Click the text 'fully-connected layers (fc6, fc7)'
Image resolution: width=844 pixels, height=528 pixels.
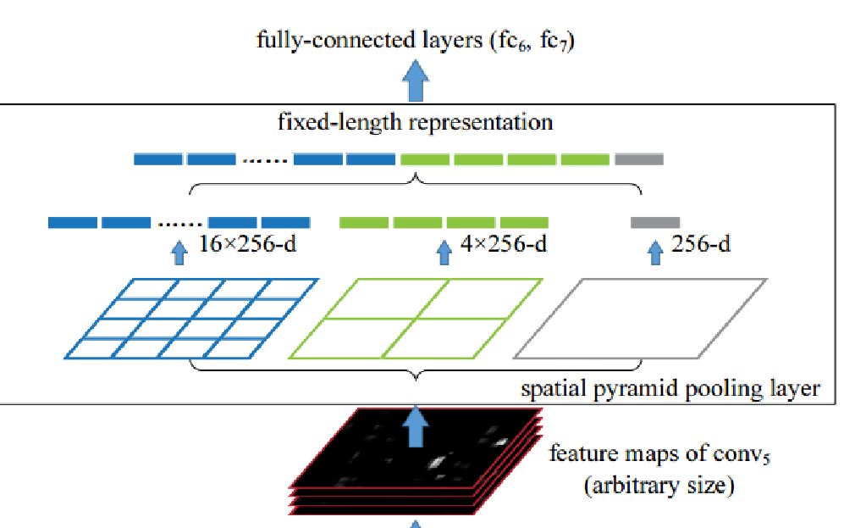click(x=416, y=41)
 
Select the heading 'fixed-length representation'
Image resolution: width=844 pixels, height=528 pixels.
click(x=416, y=122)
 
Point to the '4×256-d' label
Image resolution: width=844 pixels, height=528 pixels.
click(x=503, y=246)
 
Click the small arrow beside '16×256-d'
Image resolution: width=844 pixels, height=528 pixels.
click(x=179, y=252)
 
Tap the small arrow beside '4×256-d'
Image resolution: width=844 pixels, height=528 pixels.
click(x=444, y=252)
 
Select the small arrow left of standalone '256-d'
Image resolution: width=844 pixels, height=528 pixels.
click(x=654, y=252)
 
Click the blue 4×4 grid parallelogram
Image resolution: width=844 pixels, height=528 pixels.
click(x=192, y=319)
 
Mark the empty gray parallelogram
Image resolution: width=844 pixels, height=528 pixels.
click(x=641, y=319)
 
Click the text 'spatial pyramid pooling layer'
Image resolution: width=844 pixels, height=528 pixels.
click(x=670, y=389)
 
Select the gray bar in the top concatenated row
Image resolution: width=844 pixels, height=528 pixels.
click(x=639, y=158)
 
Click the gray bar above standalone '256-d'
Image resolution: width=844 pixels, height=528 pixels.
click(x=654, y=223)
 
